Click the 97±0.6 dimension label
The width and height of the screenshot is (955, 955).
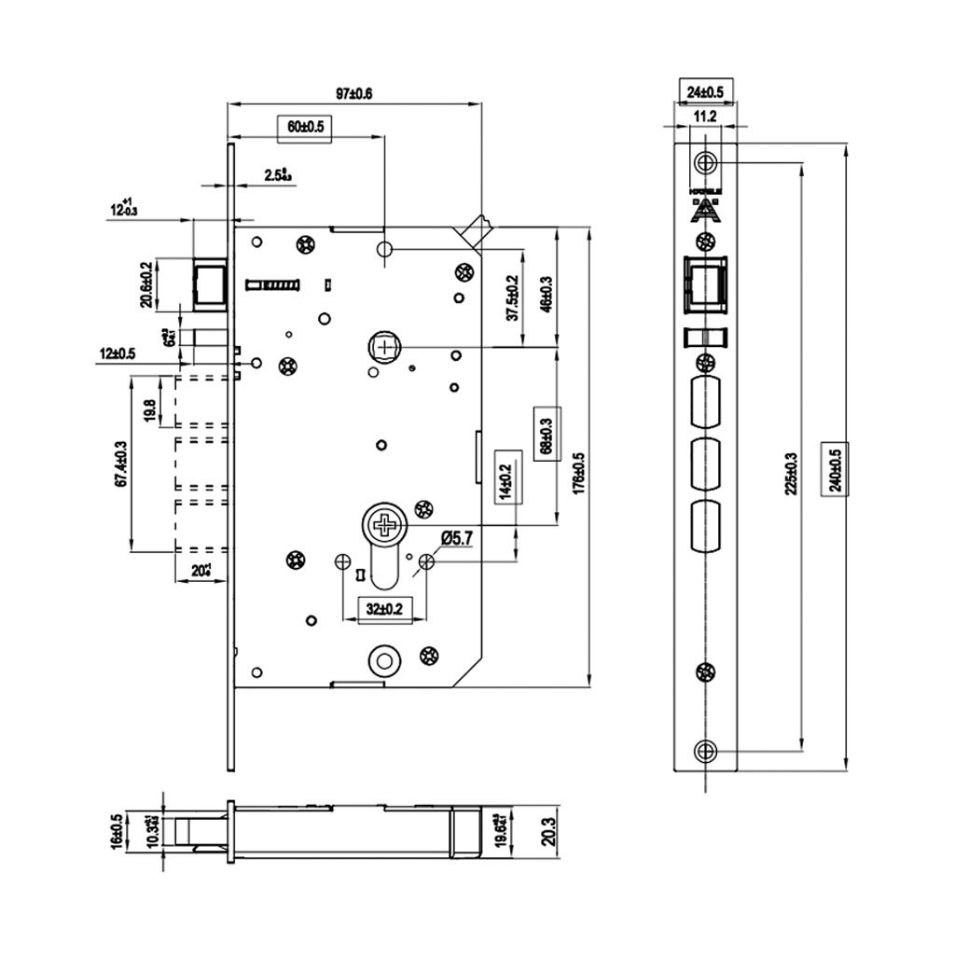point(353,93)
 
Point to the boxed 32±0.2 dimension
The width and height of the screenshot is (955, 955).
point(384,609)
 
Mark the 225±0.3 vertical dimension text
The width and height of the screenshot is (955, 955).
point(791,473)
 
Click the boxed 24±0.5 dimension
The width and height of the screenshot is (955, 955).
point(705,92)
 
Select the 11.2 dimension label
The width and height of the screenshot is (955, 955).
point(705,117)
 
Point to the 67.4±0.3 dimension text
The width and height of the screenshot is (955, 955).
point(120,464)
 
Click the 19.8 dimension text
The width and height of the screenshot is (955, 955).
point(149,409)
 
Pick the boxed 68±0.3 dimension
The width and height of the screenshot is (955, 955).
point(546,432)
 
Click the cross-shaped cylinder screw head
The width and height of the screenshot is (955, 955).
point(382,525)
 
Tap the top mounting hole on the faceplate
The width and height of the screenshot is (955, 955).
point(706,162)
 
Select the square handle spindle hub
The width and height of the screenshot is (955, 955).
point(383,347)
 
